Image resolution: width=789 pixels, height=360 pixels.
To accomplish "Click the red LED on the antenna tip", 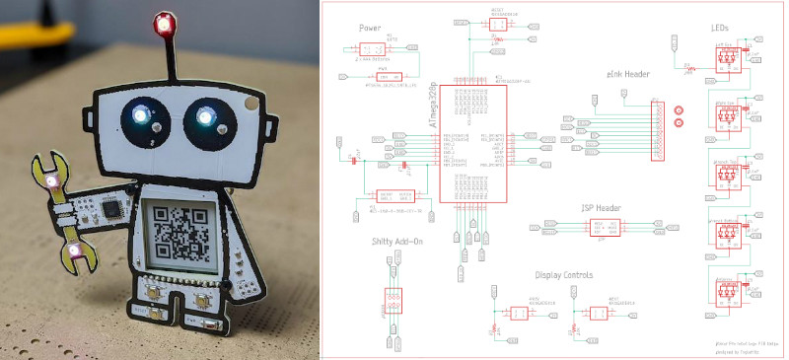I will [164, 21].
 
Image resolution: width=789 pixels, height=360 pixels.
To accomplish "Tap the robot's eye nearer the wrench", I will [141, 118].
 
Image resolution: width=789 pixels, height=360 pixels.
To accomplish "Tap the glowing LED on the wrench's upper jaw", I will [50, 180].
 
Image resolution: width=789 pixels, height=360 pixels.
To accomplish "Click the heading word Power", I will [371, 29].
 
